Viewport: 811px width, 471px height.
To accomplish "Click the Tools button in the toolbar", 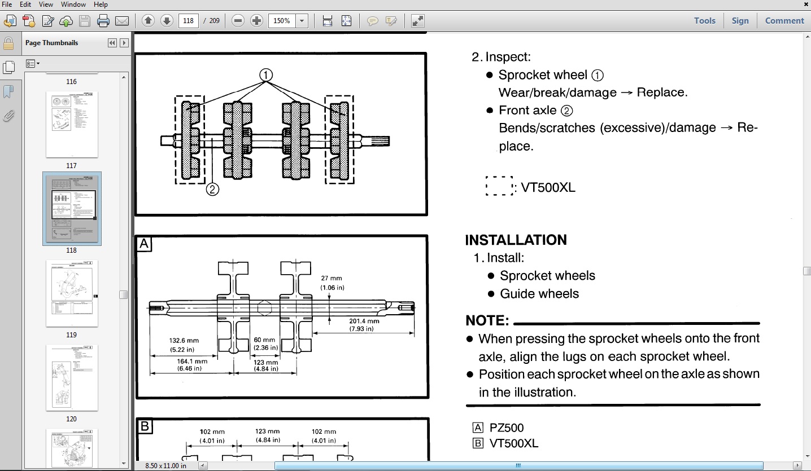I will [704, 21].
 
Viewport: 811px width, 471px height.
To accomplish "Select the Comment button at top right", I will [784, 21].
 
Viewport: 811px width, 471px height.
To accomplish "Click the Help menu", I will [101, 5].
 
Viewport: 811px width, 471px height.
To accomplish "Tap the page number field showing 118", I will [189, 21].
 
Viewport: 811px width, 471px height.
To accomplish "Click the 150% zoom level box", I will [282, 21].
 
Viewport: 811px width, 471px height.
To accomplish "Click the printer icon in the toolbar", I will [103, 21].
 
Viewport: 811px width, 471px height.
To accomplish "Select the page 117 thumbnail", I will [72, 125].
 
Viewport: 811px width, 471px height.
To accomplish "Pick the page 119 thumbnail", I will [72, 293].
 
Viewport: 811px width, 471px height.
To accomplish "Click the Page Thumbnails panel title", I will [52, 43].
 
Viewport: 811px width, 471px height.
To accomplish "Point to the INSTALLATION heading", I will [516, 240].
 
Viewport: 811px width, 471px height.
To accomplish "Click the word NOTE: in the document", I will [487, 321].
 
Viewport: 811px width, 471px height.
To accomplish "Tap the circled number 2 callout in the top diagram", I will [212, 190].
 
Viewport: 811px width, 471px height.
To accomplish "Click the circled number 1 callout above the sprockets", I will [266, 75].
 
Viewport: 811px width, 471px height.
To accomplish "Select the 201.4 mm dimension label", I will [364, 322].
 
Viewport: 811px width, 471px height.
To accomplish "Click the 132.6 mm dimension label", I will [184, 341].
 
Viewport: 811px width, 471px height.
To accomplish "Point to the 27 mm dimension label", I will [332, 279].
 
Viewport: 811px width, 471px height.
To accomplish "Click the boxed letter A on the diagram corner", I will [144, 244].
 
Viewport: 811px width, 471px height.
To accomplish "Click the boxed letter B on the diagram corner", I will [144, 426].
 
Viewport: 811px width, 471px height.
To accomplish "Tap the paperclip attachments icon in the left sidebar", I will [8, 116].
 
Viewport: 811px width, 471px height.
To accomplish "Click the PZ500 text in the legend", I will [507, 428].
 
